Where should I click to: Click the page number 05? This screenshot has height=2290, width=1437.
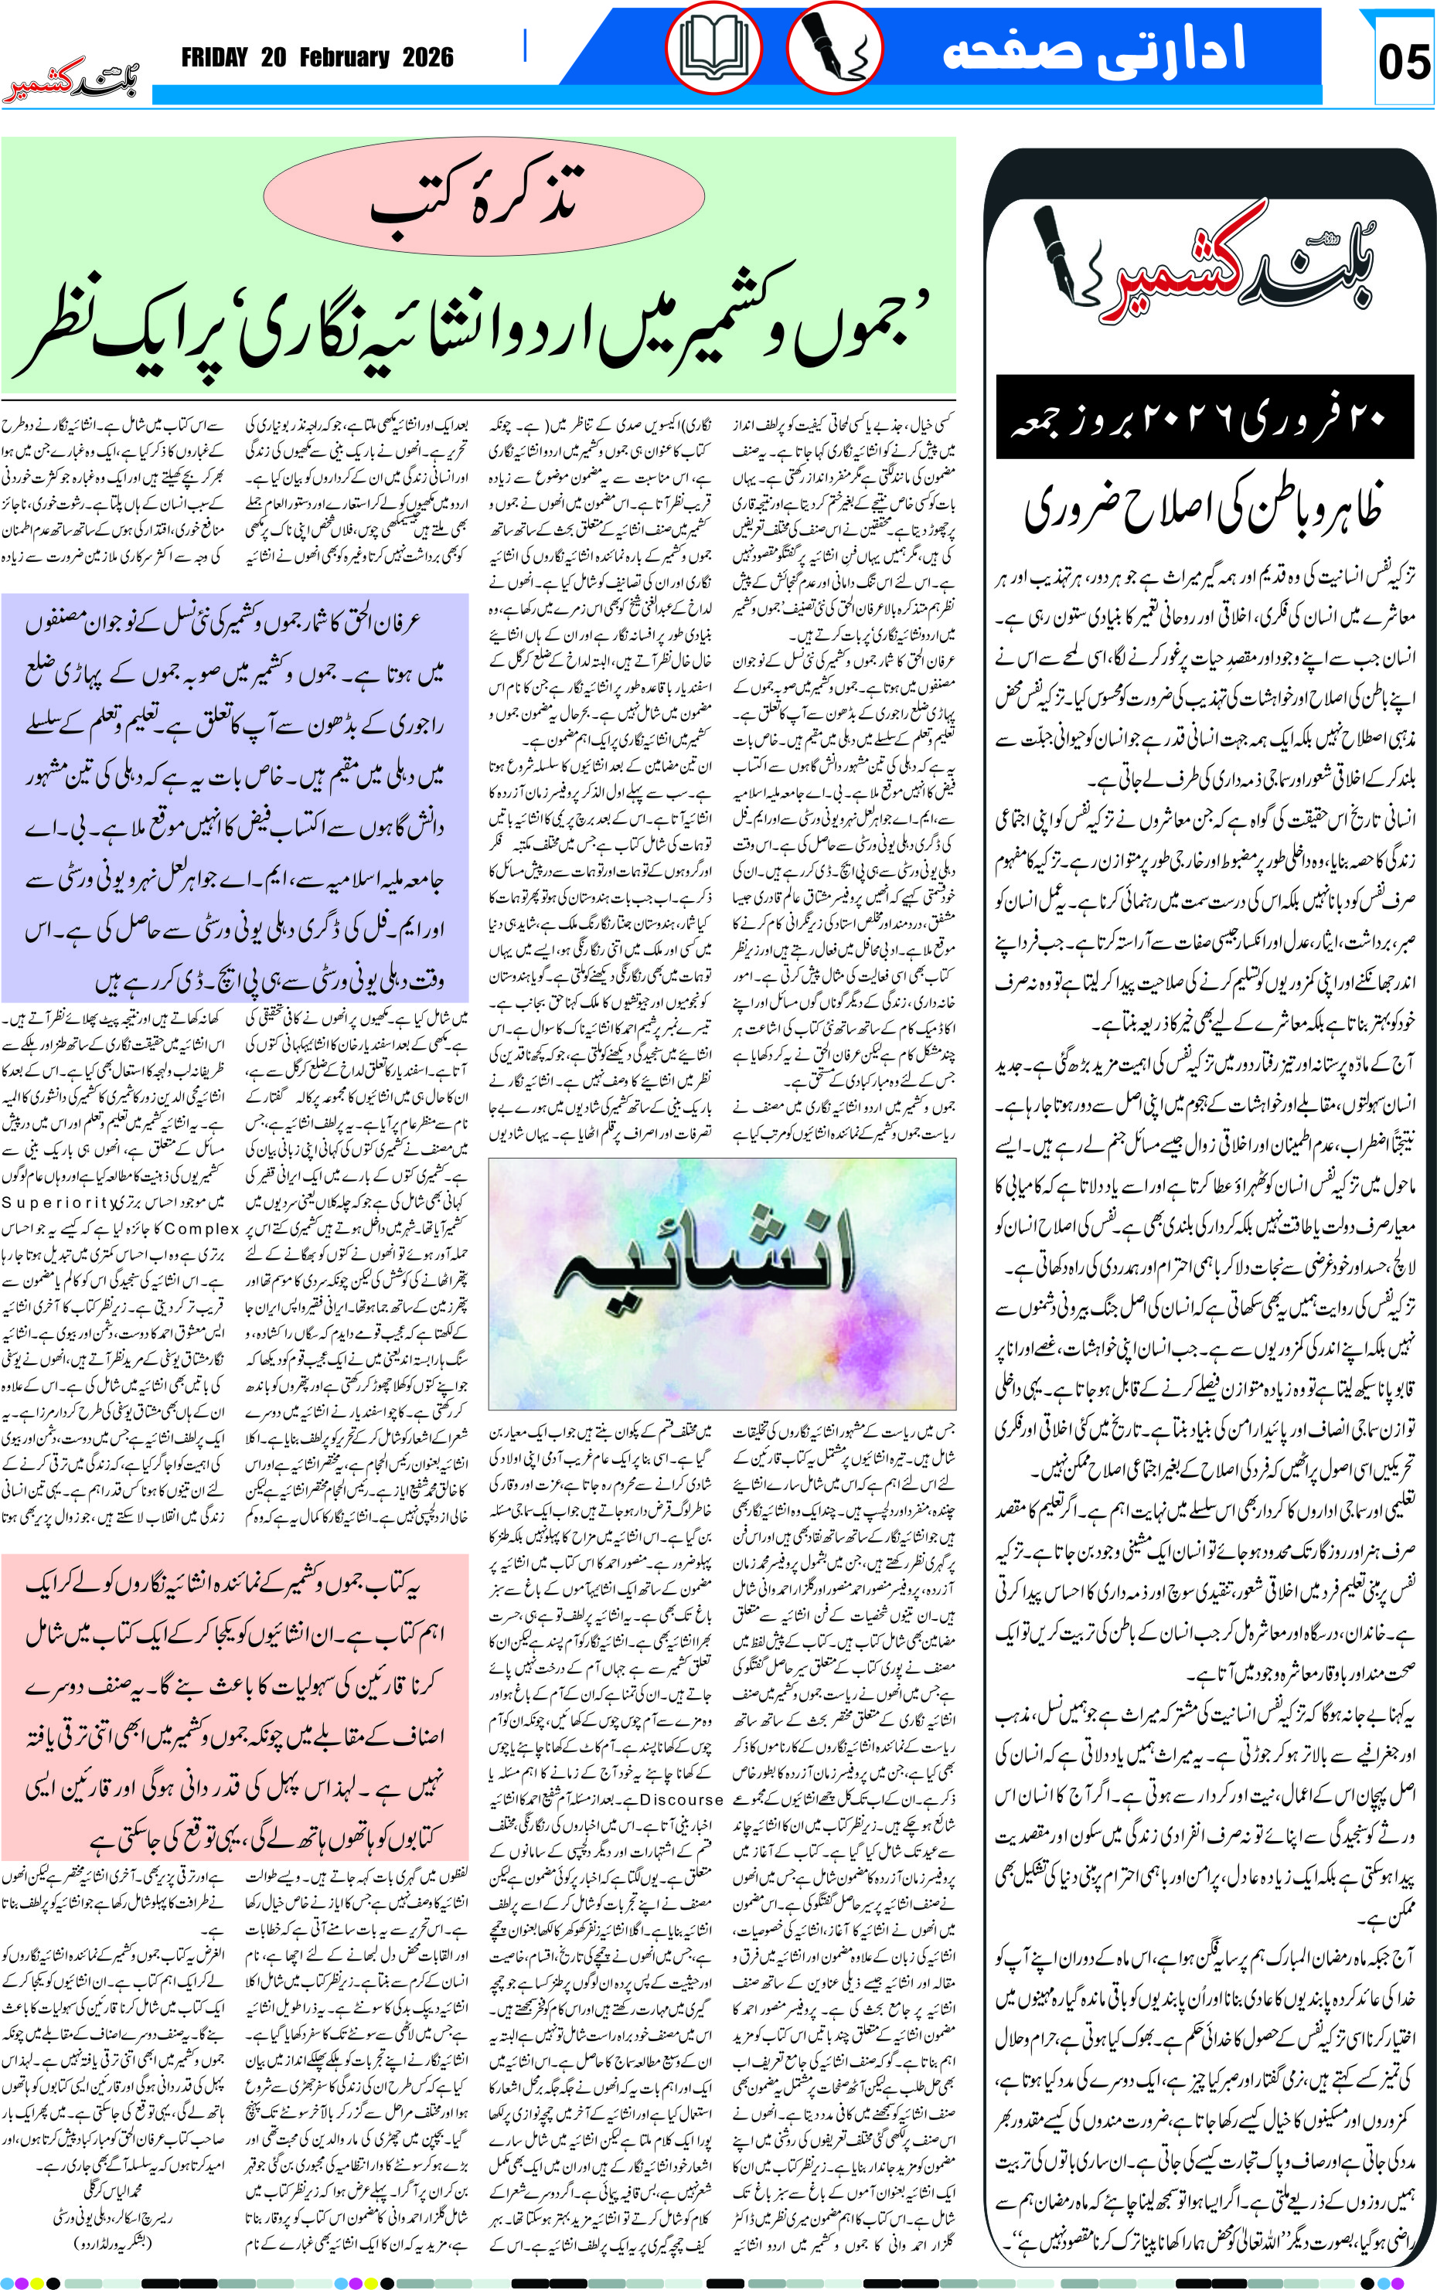1404,63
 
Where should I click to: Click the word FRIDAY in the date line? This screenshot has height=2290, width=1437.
215,58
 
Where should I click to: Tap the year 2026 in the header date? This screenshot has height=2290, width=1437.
427,58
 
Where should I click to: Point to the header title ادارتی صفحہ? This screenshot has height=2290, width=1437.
1093,49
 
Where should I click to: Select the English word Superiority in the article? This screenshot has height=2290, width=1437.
59,1202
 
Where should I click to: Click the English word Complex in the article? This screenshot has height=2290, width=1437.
202,1229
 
